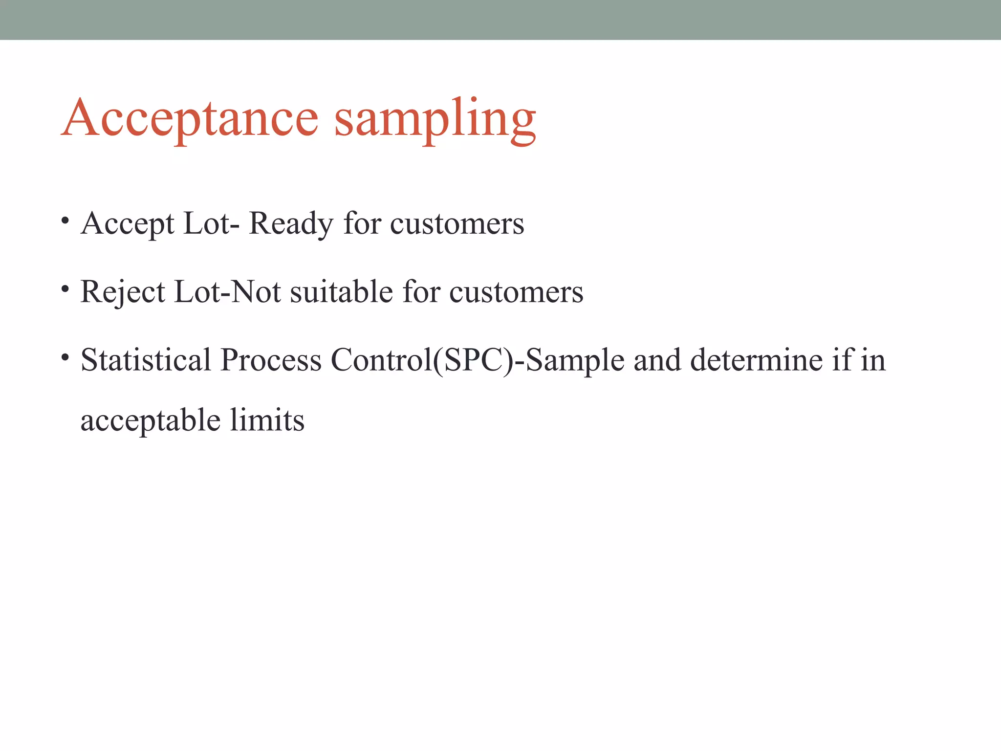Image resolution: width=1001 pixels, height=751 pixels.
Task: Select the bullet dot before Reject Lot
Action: (x=65, y=289)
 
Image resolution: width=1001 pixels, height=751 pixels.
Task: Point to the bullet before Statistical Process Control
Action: (x=65, y=357)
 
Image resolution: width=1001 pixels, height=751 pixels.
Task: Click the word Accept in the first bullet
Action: (x=128, y=224)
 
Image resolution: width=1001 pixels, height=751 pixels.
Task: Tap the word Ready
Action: (x=291, y=224)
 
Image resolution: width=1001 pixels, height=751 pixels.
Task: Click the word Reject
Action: (x=123, y=292)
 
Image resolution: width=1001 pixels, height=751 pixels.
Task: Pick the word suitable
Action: (x=342, y=292)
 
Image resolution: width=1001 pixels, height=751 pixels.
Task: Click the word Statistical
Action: (x=146, y=360)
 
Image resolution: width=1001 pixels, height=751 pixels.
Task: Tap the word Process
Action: (x=271, y=360)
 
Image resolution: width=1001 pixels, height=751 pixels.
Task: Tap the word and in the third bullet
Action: (x=657, y=360)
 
